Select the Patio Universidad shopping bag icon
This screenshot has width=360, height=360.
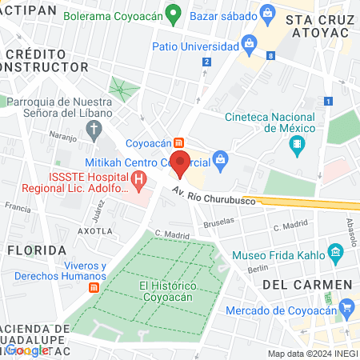249,42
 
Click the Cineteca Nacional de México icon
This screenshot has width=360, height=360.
298,146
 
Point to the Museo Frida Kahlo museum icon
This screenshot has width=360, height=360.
336,255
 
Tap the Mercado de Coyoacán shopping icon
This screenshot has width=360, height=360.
346,309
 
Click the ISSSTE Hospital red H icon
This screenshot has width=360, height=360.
142,182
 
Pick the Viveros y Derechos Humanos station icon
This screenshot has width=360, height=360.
94,287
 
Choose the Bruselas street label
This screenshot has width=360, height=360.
219,225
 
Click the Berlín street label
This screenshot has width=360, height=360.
258,269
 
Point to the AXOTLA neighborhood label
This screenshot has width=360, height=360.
95,230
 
